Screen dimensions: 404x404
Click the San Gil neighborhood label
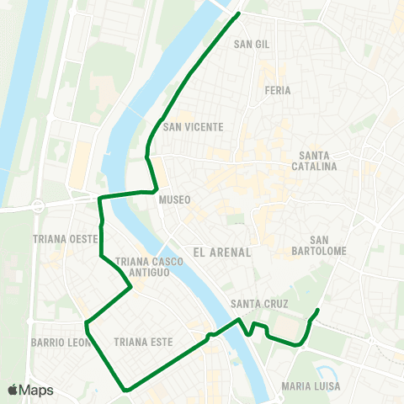pyautogui.click(x=252, y=44)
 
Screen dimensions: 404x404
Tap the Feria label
pyautogui.click(x=277, y=90)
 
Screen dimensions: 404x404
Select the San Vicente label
pyautogui.click(x=194, y=127)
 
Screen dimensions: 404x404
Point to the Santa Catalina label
pyautogui.click(x=318, y=161)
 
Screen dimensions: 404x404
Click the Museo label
pyautogui.click(x=174, y=199)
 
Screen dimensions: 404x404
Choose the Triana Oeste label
pyautogui.click(x=66, y=239)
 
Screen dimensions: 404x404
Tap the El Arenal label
pyautogui.click(x=222, y=251)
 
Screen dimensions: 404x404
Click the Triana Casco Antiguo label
pyautogui.click(x=151, y=266)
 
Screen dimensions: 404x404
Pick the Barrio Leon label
pyautogui.click(x=60, y=343)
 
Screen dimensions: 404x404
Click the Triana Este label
pyautogui.click(x=142, y=343)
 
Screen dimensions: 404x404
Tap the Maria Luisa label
pyautogui.click(x=311, y=386)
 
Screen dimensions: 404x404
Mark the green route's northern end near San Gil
pyautogui.click(x=239, y=13)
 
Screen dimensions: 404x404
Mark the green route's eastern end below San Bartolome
pyautogui.click(x=317, y=311)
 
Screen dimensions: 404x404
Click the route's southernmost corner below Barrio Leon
pyautogui.click(x=125, y=390)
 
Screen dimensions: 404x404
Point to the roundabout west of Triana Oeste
pyautogui.click(x=37, y=205)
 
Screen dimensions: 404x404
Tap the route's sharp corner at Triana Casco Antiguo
pyautogui.click(x=132, y=287)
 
